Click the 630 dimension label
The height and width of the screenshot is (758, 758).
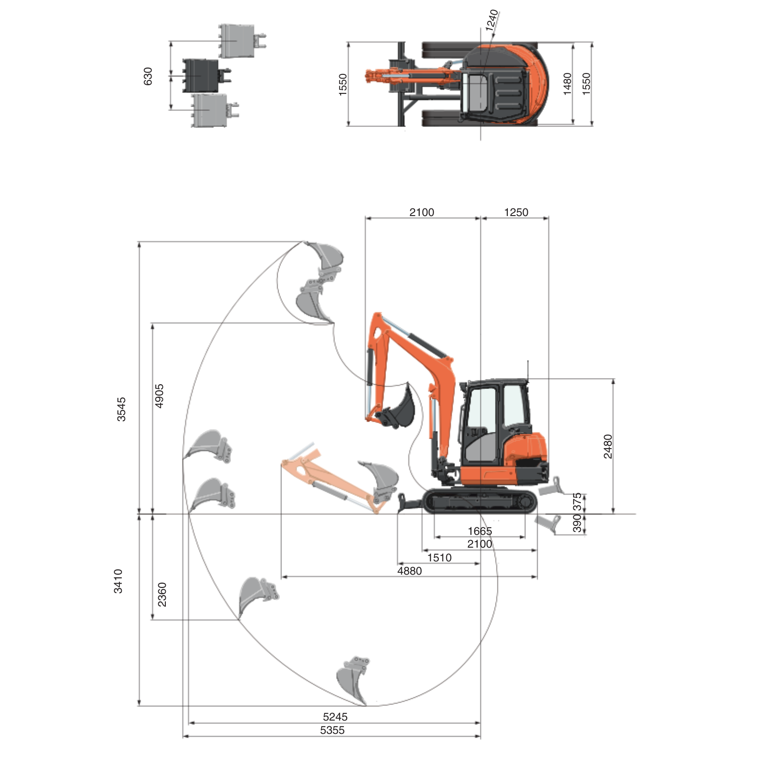click(x=148, y=76)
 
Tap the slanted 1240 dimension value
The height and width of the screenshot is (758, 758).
click(x=492, y=20)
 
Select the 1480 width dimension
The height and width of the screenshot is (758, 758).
click(x=568, y=84)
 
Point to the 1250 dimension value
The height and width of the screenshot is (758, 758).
click(x=516, y=212)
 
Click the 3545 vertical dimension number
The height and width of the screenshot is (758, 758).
click(x=122, y=409)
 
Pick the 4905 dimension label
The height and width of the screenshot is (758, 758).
click(x=160, y=396)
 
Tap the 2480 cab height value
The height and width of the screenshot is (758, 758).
click(x=608, y=446)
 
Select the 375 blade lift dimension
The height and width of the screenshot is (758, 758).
click(x=577, y=502)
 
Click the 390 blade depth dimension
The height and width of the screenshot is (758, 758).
click(x=577, y=523)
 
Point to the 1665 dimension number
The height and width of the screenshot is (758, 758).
click(x=480, y=531)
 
